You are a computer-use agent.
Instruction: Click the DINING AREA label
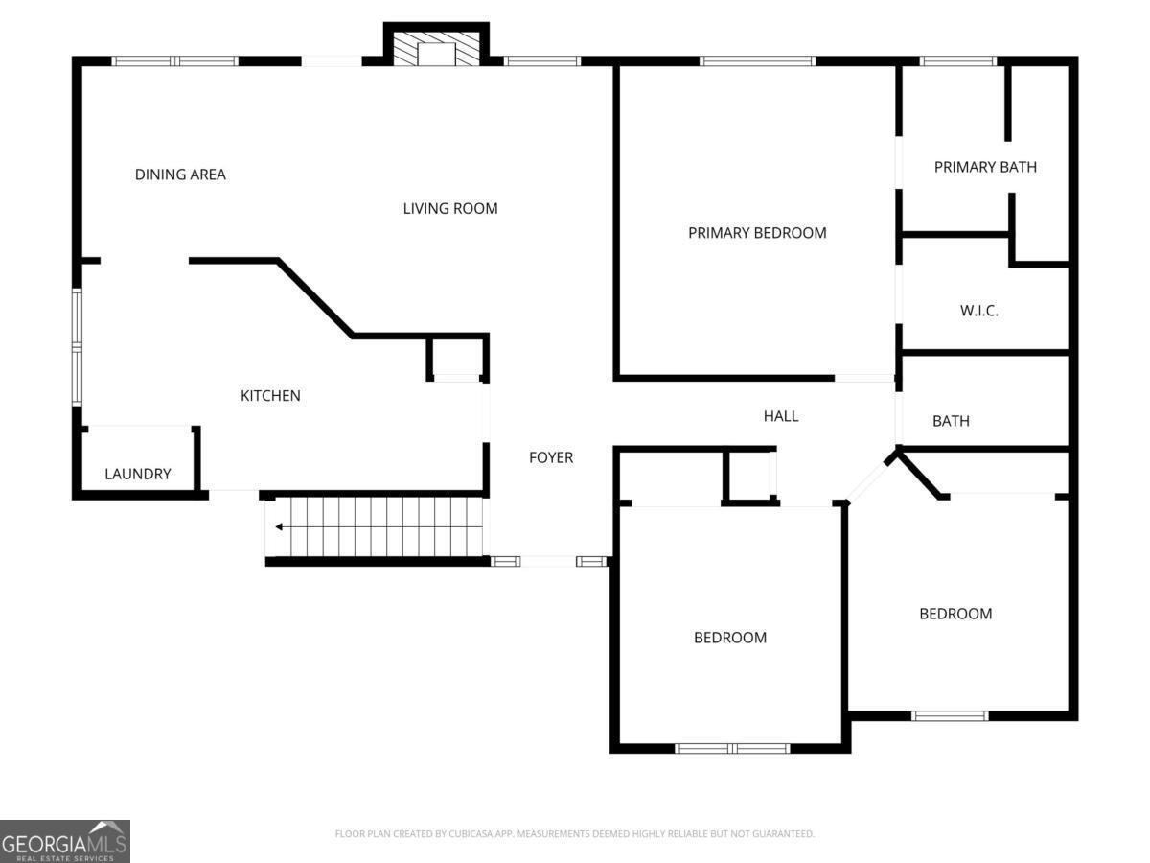[x=180, y=175]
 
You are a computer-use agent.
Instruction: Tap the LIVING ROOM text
[x=449, y=208]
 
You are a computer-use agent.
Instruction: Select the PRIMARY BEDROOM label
[x=757, y=232]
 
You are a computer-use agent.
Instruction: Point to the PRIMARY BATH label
[x=985, y=167]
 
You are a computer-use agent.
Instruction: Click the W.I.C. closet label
[x=978, y=311]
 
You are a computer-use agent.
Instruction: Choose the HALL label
[x=780, y=416]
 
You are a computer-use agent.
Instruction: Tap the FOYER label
[x=551, y=457]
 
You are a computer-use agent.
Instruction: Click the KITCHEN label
[x=270, y=395]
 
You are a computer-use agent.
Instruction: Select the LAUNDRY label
[x=138, y=474]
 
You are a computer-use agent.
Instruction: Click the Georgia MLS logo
[x=64, y=841]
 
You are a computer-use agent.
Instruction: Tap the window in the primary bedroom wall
[x=757, y=61]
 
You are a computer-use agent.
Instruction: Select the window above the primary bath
[x=957, y=61]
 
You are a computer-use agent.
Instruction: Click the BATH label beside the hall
[x=951, y=421]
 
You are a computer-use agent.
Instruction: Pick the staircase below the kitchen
[x=376, y=526]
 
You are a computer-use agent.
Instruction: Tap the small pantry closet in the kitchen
[x=457, y=358]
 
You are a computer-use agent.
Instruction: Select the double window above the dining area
[x=174, y=61]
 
